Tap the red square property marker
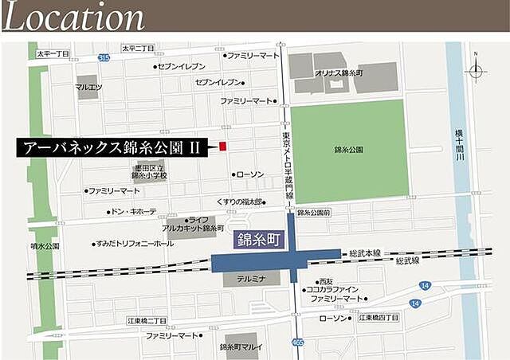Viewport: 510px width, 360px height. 223,146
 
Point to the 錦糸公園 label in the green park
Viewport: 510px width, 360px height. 348,149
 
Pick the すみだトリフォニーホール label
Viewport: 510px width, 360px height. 135,244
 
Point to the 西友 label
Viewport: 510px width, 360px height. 324,281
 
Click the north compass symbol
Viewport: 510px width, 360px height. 476,70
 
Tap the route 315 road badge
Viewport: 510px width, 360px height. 104,57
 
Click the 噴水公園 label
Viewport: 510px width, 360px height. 47,247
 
